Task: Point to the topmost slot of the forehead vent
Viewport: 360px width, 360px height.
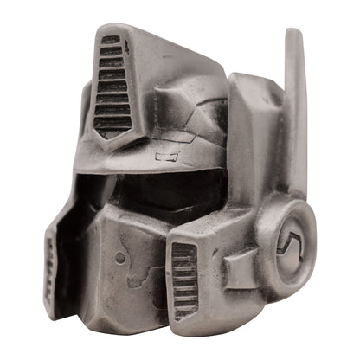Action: [x=109, y=41]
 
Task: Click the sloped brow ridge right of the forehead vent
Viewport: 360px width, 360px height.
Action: [x=186, y=95]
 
